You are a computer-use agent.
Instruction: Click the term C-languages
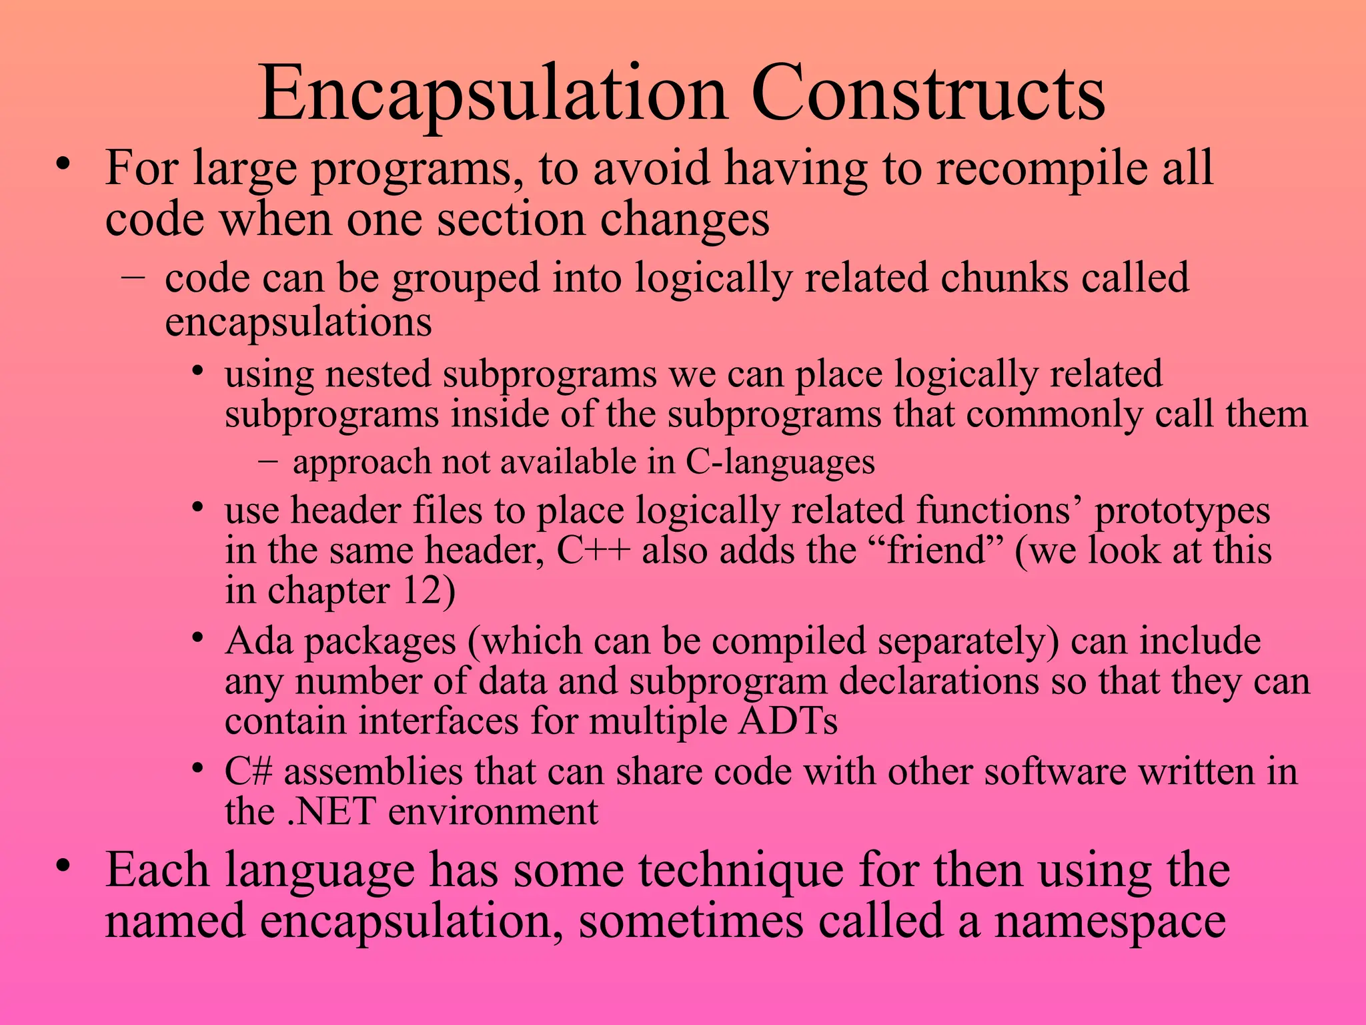780,462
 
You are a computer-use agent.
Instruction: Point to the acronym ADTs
787,721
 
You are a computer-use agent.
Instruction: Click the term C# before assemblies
248,772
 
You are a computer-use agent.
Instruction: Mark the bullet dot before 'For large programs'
63,165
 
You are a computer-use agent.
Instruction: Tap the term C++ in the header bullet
593,551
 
